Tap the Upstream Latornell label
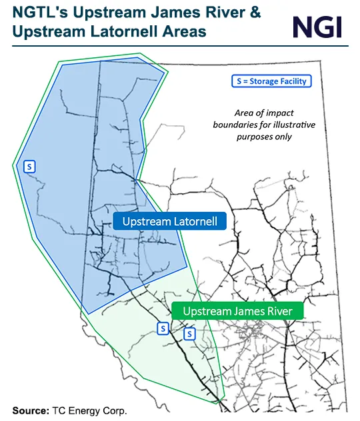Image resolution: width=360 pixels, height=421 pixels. [x=169, y=221]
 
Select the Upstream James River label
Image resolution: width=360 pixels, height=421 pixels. [x=237, y=311]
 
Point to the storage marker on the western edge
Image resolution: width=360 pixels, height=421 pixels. [x=29, y=167]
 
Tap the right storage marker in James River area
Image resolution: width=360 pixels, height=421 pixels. [x=189, y=332]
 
